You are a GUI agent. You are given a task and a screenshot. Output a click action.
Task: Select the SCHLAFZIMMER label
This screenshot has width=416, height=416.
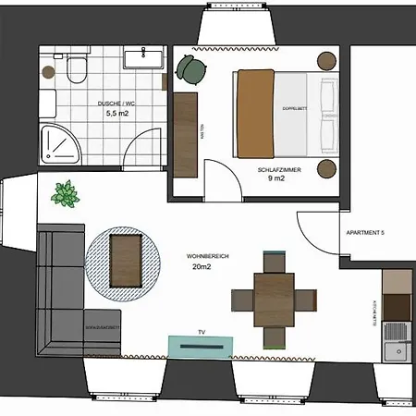coord(275,171)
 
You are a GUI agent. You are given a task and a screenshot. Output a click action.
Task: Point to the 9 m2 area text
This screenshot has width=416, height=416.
coord(275,181)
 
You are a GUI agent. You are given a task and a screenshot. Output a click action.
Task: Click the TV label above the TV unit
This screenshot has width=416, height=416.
coord(200,330)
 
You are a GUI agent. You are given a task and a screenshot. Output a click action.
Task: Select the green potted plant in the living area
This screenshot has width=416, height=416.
coord(66,195)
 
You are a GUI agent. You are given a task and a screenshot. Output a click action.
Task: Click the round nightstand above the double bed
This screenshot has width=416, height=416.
coord(326,60)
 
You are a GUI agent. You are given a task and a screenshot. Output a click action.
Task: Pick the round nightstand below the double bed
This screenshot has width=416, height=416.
coord(326,168)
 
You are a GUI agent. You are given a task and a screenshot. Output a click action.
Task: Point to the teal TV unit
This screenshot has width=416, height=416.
coord(200,345)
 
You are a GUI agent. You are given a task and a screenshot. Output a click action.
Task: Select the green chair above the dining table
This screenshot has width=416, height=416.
coord(274,260)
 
